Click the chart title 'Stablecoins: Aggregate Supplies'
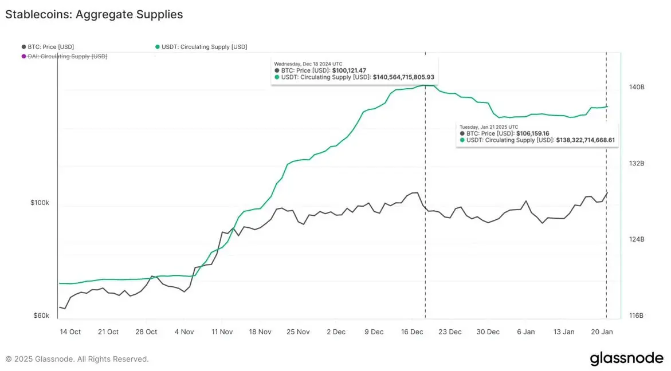(x=94, y=15)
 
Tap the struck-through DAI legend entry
(x=64, y=56)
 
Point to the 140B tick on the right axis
(x=637, y=88)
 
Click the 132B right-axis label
(x=637, y=164)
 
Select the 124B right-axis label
(x=637, y=240)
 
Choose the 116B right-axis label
(x=637, y=316)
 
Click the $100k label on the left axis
(x=40, y=203)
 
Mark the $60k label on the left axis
(x=41, y=316)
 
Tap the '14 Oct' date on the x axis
(x=70, y=332)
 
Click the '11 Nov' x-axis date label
(x=222, y=332)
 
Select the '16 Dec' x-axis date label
(x=412, y=332)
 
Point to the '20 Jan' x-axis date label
(x=602, y=332)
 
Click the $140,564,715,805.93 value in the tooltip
(x=403, y=77)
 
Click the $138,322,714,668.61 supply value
(x=585, y=140)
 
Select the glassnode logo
(x=626, y=359)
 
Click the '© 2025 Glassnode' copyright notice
(x=77, y=359)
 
